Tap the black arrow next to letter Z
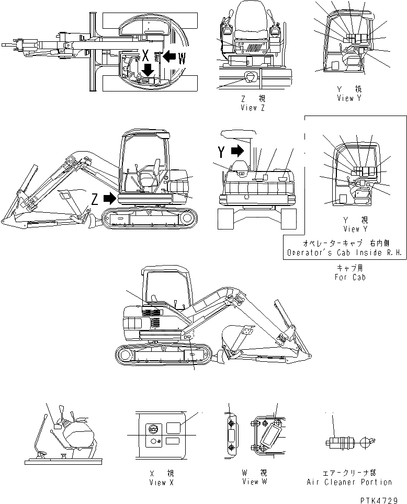point(109,199)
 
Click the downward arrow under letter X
point(149,70)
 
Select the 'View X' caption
point(158,482)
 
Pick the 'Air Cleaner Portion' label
point(349,482)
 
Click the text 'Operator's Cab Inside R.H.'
point(344,253)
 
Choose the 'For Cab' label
point(350,277)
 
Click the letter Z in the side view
point(94,199)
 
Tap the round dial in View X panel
point(153,428)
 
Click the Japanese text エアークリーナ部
point(349,473)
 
